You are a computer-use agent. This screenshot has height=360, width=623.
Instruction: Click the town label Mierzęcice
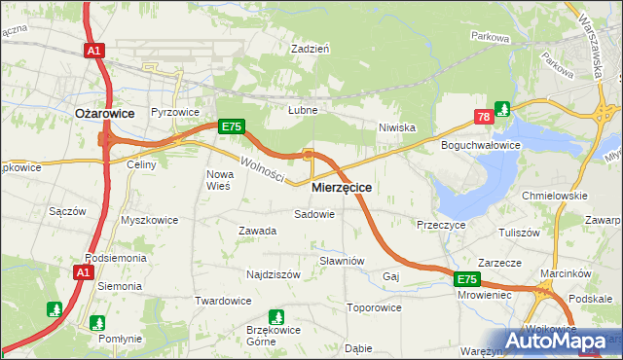341,185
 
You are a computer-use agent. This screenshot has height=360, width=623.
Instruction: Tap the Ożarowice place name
104,113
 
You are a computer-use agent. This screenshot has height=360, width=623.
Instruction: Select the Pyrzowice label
174,113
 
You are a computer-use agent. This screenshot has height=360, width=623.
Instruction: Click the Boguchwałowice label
481,145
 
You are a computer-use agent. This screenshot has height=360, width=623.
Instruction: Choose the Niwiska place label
397,127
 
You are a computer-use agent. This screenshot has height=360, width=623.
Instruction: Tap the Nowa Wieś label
218,180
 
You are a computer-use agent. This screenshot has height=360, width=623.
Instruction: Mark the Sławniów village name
342,261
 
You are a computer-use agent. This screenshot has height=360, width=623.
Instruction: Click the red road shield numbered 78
483,118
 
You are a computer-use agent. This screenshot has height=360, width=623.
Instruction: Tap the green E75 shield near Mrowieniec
467,279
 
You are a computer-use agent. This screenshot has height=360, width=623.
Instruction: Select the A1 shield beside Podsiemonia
84,272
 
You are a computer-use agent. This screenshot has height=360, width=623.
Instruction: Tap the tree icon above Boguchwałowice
502,108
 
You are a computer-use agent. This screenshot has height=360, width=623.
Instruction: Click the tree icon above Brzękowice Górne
276,316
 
